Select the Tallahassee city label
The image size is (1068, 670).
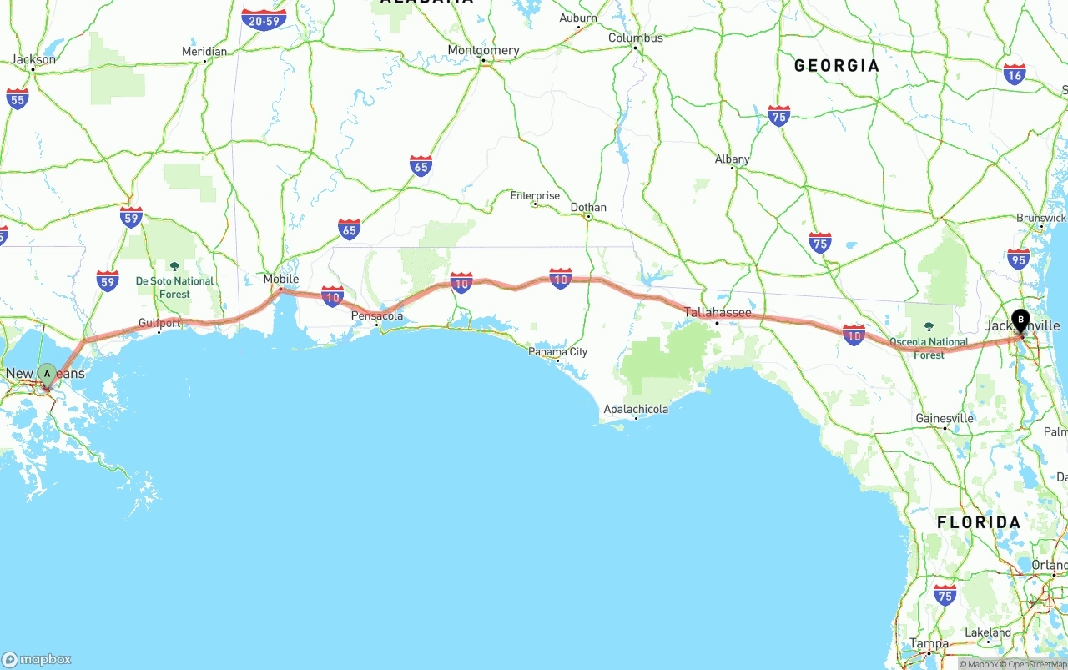coord(718,313)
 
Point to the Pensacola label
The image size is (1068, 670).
coord(377,315)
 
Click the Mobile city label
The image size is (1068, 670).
coord(280,279)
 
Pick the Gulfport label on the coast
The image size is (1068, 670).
coord(159,323)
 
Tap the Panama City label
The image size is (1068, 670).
coord(557,351)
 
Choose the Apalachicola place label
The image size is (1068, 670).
coord(636,409)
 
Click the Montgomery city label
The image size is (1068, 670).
coord(483,50)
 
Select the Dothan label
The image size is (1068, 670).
coord(588,207)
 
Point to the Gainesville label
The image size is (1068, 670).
coord(945,418)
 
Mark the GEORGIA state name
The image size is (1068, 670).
coord(836,66)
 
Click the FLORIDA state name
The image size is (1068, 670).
coord(978,522)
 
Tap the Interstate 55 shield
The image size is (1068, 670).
coord(17,98)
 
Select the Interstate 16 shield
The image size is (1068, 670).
coord(1015,74)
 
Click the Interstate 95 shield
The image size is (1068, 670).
coord(1018,259)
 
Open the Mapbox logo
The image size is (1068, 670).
coord(38,659)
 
